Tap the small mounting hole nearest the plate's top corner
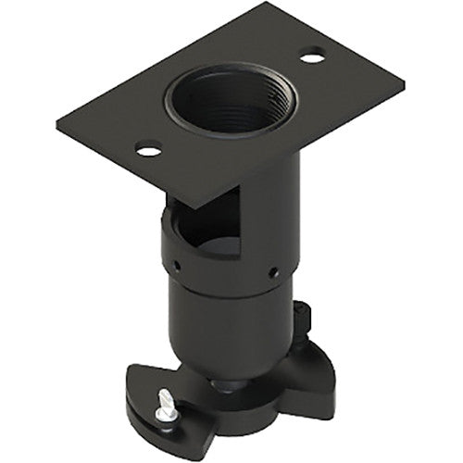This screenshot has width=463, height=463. pos(312,56)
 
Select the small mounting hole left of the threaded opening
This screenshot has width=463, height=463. pos(147,147)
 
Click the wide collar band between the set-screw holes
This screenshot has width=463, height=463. pos(227,269)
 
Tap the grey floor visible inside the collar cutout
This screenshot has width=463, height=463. pos(218,245)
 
